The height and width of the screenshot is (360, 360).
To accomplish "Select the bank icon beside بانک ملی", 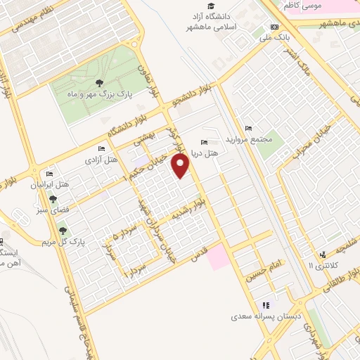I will (x=274, y=27).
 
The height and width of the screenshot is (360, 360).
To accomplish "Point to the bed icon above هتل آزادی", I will (x=102, y=149).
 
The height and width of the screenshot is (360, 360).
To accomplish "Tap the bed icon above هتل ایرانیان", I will (x=49, y=174).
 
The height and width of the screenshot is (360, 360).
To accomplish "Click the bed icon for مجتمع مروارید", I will (x=247, y=128).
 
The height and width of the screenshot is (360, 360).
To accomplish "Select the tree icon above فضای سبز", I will (x=53, y=200).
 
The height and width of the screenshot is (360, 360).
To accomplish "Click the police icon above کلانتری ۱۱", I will (x=322, y=254).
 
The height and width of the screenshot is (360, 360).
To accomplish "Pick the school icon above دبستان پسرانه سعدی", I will (x=266, y=305).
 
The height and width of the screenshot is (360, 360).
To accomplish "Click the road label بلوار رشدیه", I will (x=193, y=209).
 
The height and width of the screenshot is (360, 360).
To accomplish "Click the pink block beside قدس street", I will (x=217, y=256).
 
